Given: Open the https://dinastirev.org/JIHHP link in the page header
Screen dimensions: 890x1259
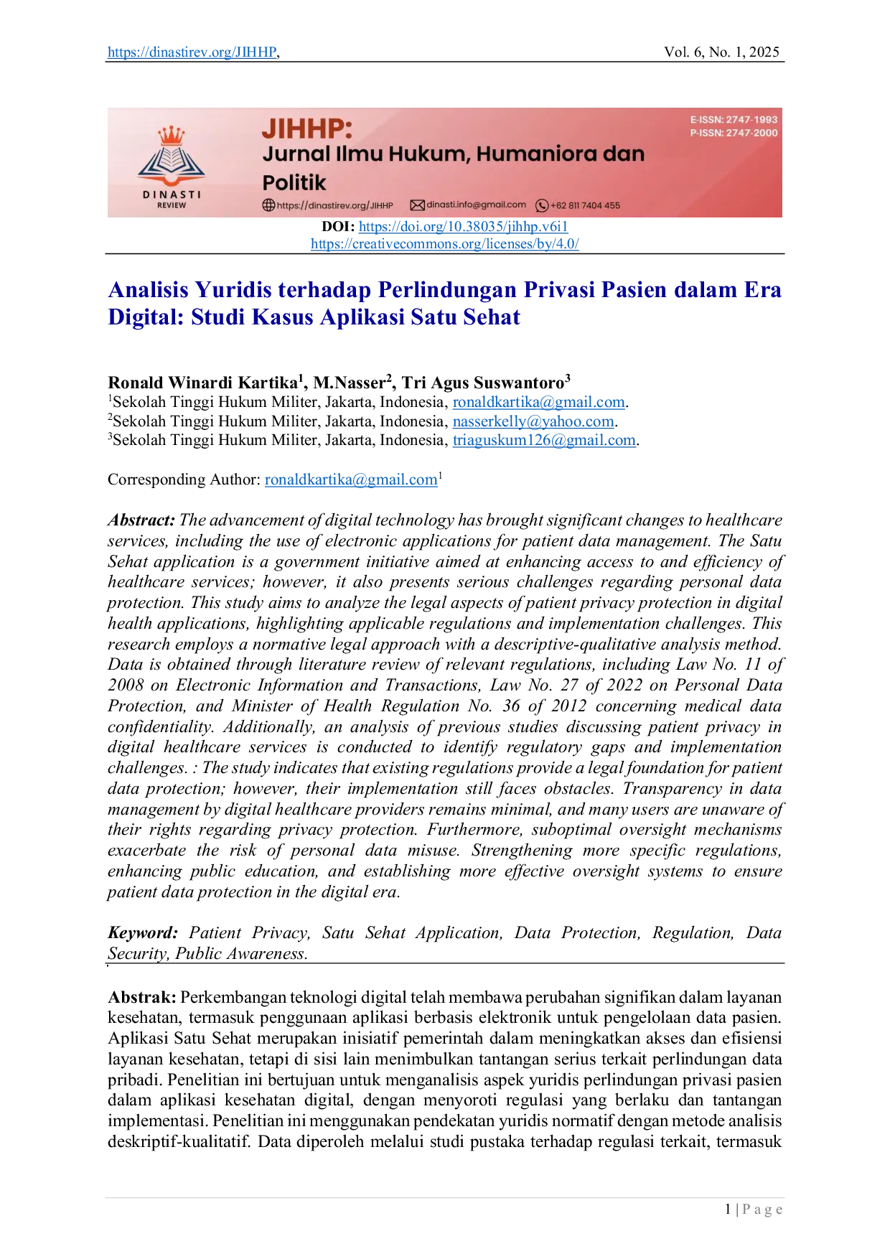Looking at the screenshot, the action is coord(192,52).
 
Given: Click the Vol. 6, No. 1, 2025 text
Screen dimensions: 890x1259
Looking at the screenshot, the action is coord(721,52).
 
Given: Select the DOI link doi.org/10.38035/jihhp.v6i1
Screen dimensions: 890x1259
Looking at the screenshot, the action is coord(463,227).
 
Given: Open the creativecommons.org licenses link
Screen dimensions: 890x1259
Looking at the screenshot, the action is coord(445,244).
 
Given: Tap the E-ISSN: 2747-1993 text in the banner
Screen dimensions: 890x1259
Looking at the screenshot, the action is coord(734,120).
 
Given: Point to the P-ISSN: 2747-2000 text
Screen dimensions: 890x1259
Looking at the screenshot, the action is coord(734,133).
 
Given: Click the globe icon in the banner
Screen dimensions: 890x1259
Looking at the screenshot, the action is coord(268,205).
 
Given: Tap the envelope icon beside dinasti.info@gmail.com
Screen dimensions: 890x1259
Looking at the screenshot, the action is coord(417,205).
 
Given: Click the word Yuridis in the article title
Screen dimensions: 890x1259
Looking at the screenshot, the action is coord(233,290).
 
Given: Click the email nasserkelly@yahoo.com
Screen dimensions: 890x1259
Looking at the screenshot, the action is coord(533,421).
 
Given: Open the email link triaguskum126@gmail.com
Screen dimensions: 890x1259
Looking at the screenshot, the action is coord(544,440).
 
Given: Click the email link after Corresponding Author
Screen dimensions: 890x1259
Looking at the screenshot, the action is coord(351,479).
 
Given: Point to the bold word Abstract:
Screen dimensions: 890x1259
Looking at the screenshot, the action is coord(141,520).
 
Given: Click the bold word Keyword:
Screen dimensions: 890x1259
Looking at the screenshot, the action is coord(143,933).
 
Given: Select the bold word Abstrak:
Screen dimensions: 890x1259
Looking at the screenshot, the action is coord(142,997).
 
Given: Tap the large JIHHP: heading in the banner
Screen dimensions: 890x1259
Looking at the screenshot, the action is coord(307,129).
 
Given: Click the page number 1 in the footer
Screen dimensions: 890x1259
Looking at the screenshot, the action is coord(728,1209).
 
